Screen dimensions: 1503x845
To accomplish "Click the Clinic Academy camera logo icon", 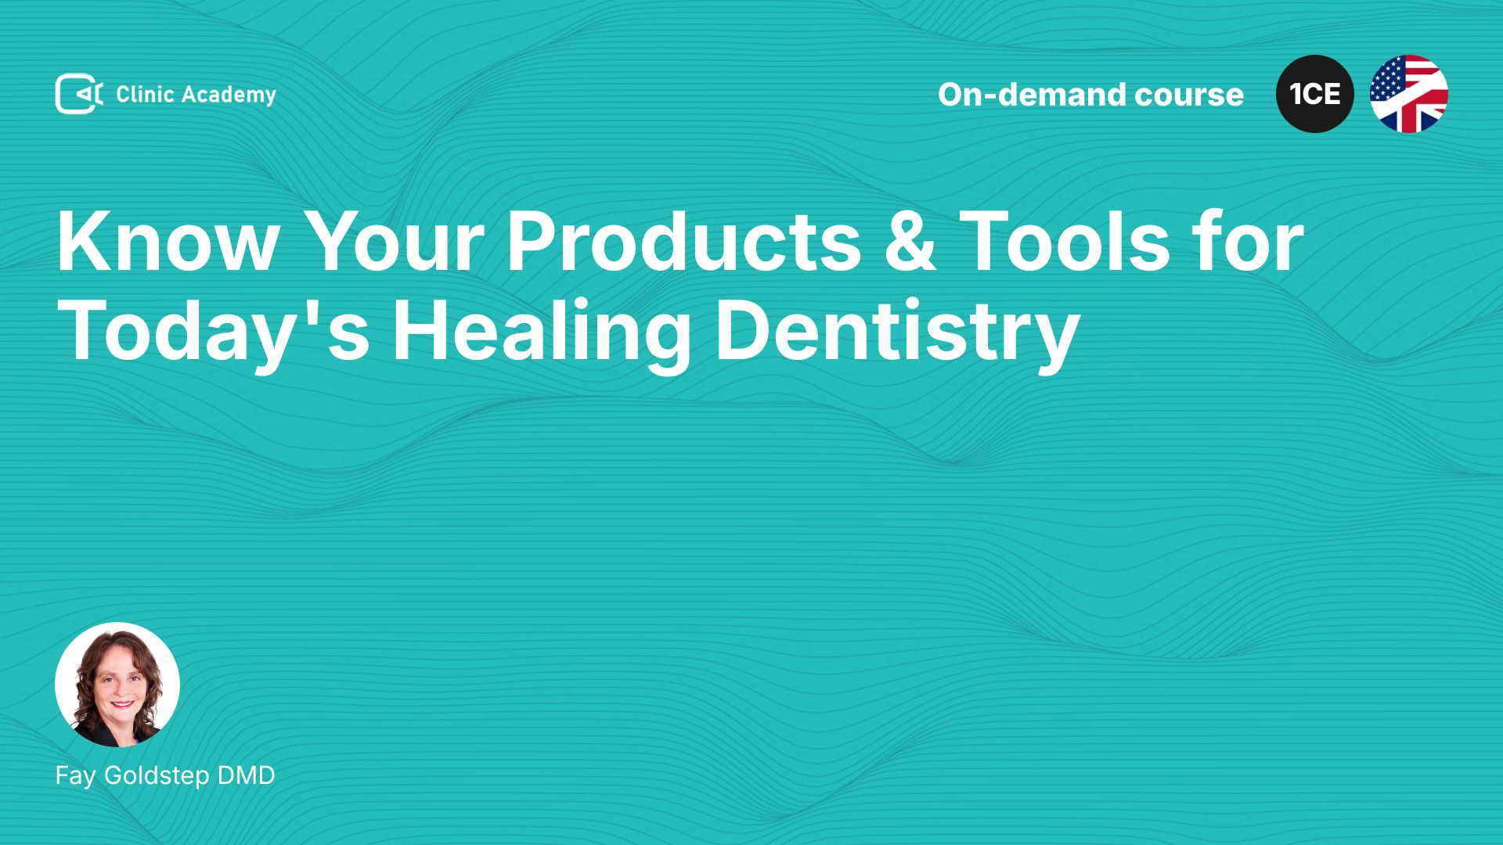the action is point(79,94).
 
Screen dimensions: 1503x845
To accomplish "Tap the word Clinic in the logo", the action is point(145,95).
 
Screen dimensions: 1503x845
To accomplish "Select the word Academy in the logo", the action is point(229,95).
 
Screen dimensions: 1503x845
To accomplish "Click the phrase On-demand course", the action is point(1090,95).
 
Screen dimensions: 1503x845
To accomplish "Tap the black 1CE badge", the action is point(1315,94).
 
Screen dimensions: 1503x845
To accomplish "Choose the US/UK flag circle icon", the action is point(1409,94).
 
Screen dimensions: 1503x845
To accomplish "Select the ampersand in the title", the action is point(910,241).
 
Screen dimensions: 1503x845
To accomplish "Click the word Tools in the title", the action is point(1065,241).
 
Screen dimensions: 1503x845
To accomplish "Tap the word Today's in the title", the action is point(213,332).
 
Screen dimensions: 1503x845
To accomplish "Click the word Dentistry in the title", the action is point(897,332).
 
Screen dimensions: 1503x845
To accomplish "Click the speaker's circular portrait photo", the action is point(117,685).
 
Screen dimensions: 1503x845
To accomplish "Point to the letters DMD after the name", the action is point(246,775).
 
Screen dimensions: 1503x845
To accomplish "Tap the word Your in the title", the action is point(394,241).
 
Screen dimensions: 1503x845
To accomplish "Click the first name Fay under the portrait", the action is point(76,776).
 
